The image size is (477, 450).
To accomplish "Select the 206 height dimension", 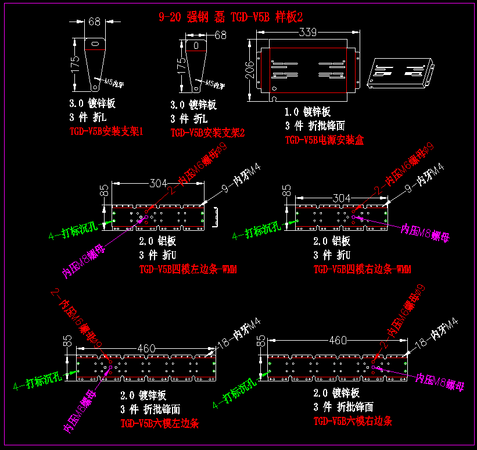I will [250, 69].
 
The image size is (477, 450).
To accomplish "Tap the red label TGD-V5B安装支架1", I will [106, 131].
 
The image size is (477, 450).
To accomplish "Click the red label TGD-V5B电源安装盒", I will [324, 140].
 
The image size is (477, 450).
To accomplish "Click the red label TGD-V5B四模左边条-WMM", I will [188, 269].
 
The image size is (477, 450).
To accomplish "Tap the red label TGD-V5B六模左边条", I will [159, 424].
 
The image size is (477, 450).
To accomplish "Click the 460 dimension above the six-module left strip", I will [146, 348].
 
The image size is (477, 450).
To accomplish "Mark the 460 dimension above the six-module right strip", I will [338, 340].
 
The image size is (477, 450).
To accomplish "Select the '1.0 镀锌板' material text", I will [307, 112].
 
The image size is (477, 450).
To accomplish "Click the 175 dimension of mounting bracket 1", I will [75, 64].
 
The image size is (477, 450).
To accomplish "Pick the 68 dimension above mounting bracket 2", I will [220, 35].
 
